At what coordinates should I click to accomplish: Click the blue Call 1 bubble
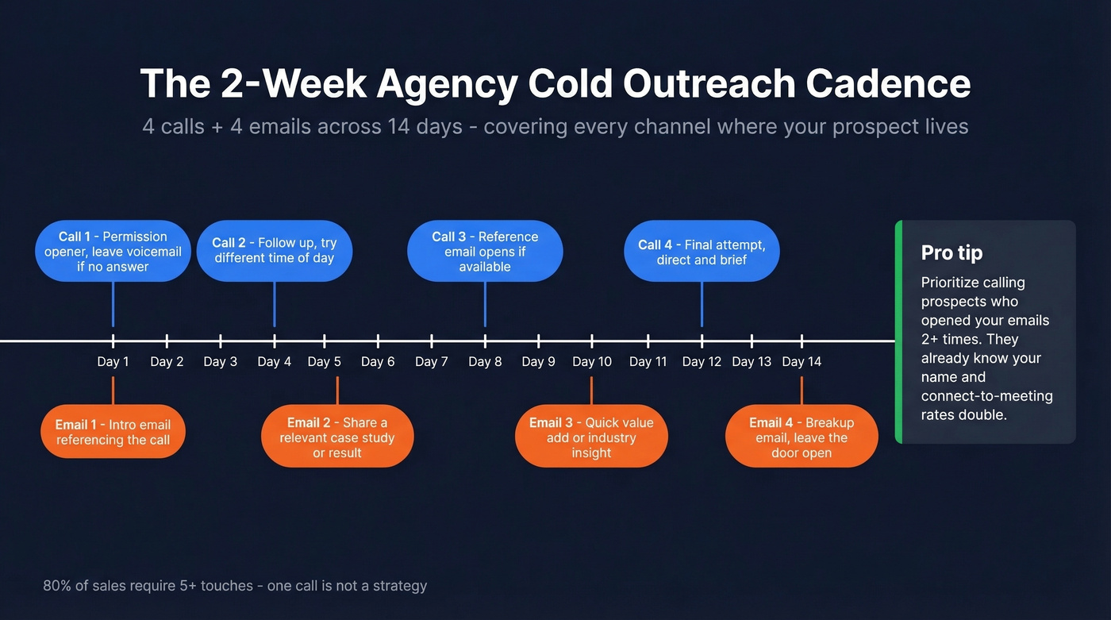113,251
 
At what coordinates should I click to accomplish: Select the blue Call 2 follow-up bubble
274,251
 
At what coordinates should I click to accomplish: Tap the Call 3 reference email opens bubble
485,251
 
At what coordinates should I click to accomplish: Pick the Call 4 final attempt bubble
702,252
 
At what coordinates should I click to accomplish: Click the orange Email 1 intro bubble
113,432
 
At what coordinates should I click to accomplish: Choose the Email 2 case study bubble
337,437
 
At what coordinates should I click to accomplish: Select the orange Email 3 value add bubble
591,437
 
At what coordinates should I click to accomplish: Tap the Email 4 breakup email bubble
802,437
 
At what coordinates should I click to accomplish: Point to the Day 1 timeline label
113,362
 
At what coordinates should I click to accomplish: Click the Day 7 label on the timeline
431,362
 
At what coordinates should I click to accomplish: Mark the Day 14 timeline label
802,362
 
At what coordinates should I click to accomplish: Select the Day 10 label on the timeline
592,362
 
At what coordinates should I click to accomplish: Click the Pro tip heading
951,253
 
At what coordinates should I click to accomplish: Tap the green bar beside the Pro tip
898,332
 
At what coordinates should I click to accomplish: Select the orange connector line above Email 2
337,391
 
